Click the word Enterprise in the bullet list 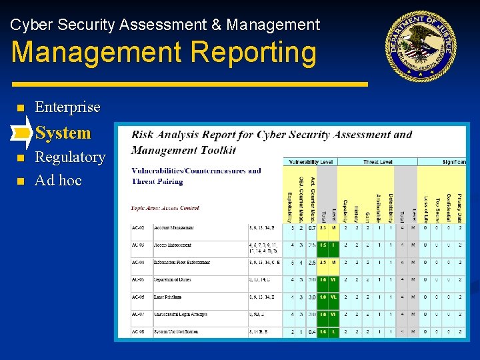(67, 107)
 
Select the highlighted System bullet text (63, 133)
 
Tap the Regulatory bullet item (70, 157)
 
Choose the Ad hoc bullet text (58, 180)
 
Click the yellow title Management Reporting (164, 53)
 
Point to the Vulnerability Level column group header (310, 162)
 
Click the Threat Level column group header (379, 162)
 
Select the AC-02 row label (139, 228)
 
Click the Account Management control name (174, 228)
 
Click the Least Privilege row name (168, 297)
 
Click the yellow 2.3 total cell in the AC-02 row (323, 228)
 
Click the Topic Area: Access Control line (165, 209)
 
